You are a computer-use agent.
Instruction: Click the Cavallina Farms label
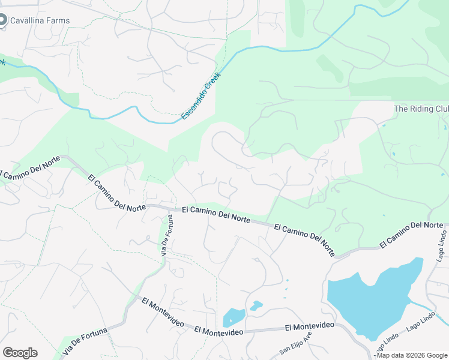(x=40, y=20)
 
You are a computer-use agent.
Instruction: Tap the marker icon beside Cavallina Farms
(x=2, y=19)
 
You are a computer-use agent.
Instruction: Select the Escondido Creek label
(x=201, y=95)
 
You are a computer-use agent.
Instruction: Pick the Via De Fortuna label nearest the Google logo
(x=85, y=340)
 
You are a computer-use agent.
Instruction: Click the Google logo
(x=20, y=352)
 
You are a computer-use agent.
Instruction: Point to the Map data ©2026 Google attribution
(x=412, y=355)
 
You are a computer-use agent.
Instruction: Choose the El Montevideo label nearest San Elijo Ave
(x=310, y=326)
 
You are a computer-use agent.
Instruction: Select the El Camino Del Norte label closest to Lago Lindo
(x=411, y=235)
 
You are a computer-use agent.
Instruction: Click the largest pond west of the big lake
(x=234, y=317)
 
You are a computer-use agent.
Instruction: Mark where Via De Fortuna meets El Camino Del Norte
(x=168, y=208)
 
